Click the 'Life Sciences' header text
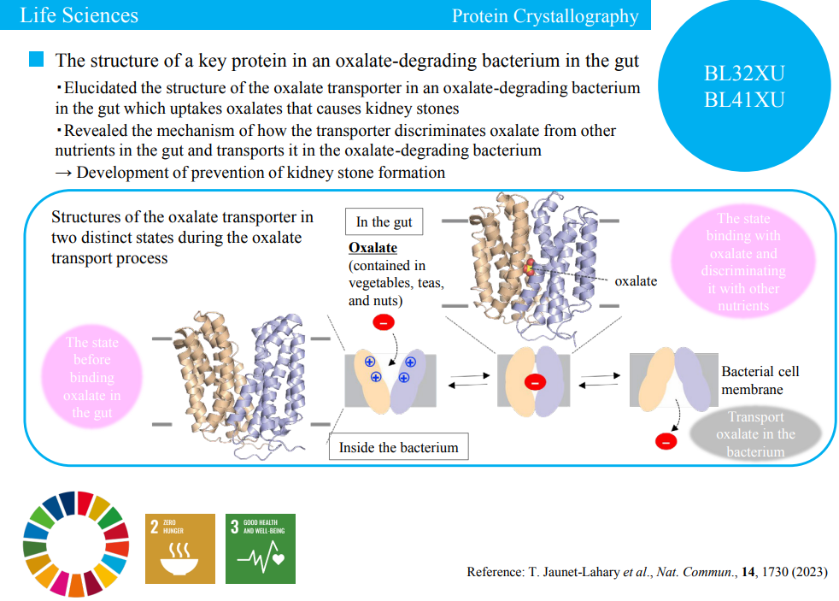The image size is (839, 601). pos(79,15)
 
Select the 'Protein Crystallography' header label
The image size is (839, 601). pos(544,15)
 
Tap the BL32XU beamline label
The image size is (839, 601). pos(743,74)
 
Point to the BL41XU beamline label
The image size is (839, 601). pos(743,99)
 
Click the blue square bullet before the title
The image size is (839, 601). pos(36,60)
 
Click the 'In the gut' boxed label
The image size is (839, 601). pos(384,221)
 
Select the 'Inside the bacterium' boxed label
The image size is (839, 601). pos(398,446)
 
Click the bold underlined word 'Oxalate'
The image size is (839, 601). pos(373,248)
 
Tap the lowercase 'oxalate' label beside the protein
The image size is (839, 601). pos(636,280)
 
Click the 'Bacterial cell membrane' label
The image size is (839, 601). pos(760,380)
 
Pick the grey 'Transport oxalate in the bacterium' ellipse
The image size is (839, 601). pos(755,433)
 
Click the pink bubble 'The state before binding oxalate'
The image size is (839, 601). pos(91,377)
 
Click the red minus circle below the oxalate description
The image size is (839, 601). pos(384,322)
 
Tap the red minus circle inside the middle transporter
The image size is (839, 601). pos(534,382)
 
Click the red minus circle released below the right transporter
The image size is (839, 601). pos(665,441)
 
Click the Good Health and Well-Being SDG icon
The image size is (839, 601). pos(260,548)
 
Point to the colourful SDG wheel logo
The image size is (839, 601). pos(76,545)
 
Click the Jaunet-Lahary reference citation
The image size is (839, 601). pos(647,572)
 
